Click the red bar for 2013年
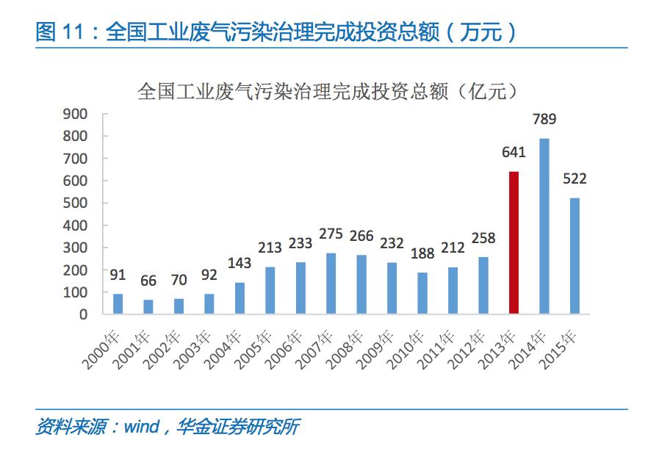pos(514,242)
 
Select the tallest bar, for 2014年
pos(544,225)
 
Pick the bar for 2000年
pos(118,303)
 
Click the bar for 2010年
pos(422,293)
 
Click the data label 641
pos(514,153)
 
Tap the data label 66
pos(148,281)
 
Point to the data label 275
pos(331,235)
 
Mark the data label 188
pos(422,254)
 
